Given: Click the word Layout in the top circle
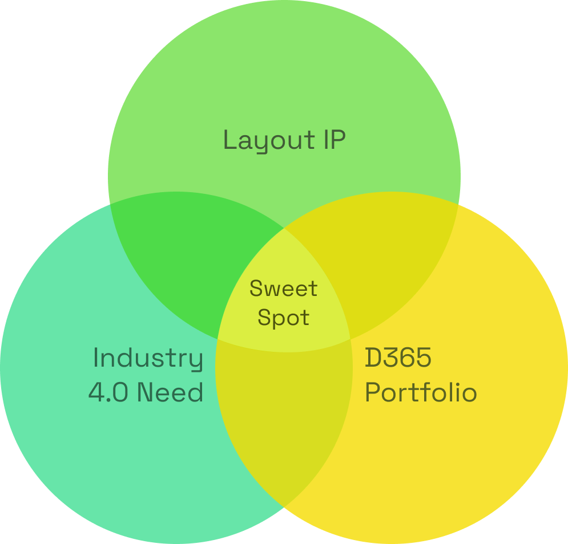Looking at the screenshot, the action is (x=269, y=141).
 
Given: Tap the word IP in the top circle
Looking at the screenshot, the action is (x=335, y=139).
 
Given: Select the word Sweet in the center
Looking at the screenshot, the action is (x=283, y=289).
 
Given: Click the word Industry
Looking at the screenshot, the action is (x=148, y=359).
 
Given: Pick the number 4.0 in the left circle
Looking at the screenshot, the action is (x=108, y=392).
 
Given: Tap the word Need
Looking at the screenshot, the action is (x=170, y=392).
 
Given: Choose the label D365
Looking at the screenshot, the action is (x=398, y=357).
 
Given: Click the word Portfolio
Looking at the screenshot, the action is (x=421, y=392).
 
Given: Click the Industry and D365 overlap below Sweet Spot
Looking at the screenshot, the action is (x=284, y=413).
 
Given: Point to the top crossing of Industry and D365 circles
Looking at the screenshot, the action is (x=284, y=229).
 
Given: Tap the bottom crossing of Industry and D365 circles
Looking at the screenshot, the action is (x=284, y=506).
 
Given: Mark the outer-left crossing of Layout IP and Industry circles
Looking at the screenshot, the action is (x=110, y=205).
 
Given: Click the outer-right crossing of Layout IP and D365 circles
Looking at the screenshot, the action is (x=458, y=205).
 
